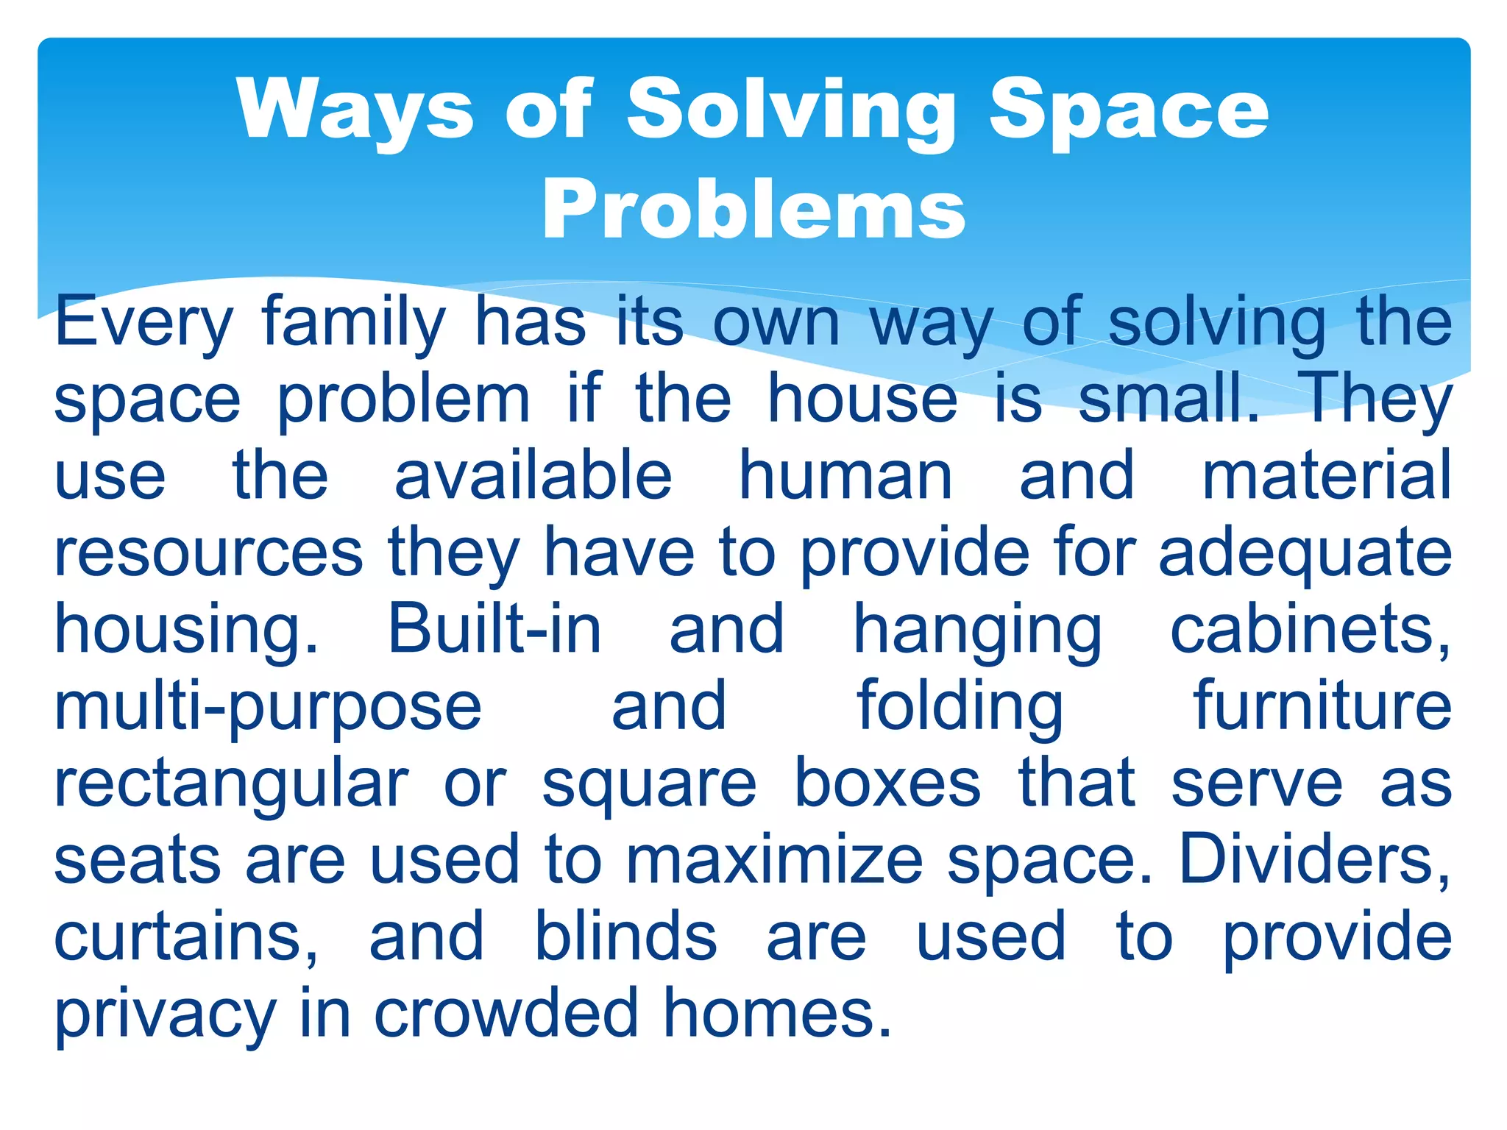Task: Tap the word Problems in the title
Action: (753, 210)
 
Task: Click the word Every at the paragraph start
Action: (144, 322)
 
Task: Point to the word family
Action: (354, 322)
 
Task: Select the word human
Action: (845, 476)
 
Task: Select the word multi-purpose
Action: (268, 707)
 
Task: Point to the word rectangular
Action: (231, 784)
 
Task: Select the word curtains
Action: (187, 937)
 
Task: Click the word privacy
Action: (166, 1015)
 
